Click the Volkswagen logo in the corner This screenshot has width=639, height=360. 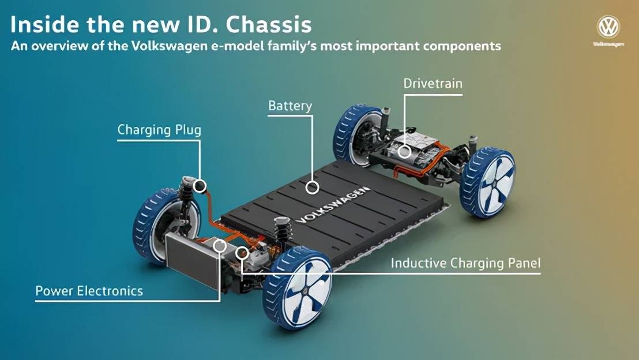pyautogui.click(x=608, y=27)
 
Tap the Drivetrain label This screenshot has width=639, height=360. pyautogui.click(x=433, y=84)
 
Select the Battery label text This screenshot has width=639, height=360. pyautogui.click(x=290, y=106)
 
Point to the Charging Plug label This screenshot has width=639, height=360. pyautogui.click(x=159, y=130)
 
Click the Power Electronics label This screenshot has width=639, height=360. pyautogui.click(x=89, y=291)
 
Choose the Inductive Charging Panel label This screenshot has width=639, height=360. pyautogui.click(x=466, y=263)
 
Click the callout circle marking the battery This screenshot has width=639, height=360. pyautogui.click(x=313, y=187)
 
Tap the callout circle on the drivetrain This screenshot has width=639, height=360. pyautogui.click(x=404, y=152)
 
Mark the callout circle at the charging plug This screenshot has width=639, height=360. pyautogui.click(x=200, y=186)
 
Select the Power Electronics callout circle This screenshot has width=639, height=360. pyautogui.click(x=220, y=245)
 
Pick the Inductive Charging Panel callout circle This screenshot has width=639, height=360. pyautogui.click(x=242, y=253)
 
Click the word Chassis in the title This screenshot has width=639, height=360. pyautogui.click(x=269, y=24)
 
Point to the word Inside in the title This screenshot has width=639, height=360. pyautogui.click(x=44, y=24)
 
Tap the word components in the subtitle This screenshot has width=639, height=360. pyautogui.click(x=462, y=46)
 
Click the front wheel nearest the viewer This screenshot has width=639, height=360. pyautogui.click(x=298, y=287)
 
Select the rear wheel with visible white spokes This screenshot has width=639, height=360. pyautogui.click(x=488, y=182)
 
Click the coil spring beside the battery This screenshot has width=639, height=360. pyautogui.click(x=281, y=230)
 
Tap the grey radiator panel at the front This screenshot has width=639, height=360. pyautogui.click(x=192, y=260)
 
